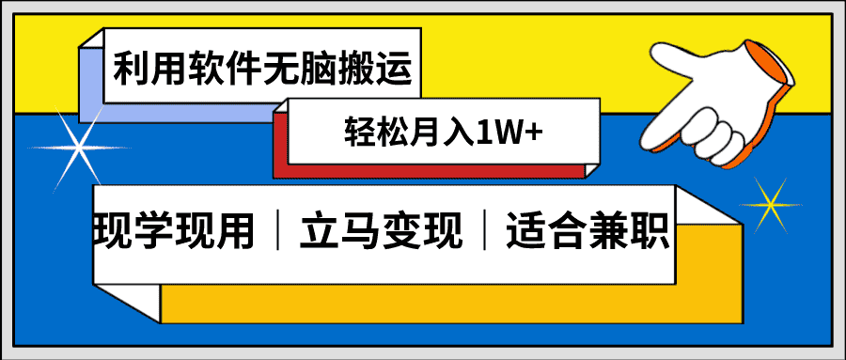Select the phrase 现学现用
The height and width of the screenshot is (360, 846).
tap(175, 229)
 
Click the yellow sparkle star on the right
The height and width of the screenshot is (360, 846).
tap(774, 202)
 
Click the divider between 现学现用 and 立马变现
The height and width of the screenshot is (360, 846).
tap(279, 230)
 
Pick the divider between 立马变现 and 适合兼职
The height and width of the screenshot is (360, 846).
tap(484, 230)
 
